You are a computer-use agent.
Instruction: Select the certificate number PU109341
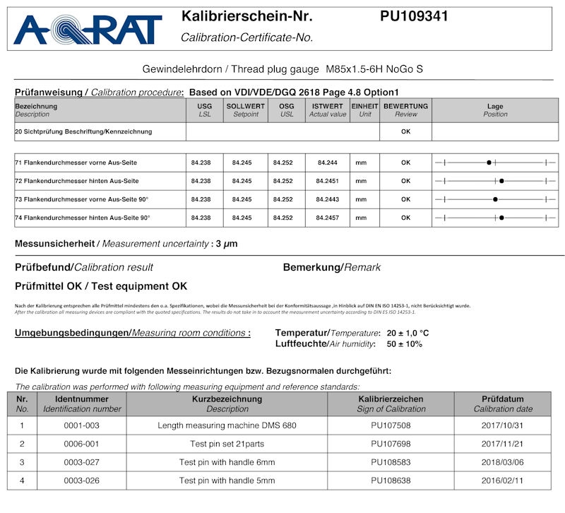point(413,16)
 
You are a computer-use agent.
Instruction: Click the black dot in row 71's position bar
point(489,163)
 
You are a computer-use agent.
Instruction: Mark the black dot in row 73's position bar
point(496,199)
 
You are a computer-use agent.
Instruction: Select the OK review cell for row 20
point(405,131)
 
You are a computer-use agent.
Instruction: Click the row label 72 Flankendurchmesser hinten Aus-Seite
point(82,181)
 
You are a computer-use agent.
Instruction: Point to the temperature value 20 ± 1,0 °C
point(408,333)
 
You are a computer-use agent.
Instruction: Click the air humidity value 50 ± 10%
point(405,344)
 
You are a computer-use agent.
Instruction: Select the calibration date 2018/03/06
point(503,462)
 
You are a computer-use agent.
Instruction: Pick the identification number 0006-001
point(82,444)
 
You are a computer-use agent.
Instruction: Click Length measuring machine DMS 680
point(227,425)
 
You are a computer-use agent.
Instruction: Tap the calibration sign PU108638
point(391,480)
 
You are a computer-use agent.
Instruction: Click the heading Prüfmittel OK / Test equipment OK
point(101,286)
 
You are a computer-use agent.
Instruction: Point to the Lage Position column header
point(495,110)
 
